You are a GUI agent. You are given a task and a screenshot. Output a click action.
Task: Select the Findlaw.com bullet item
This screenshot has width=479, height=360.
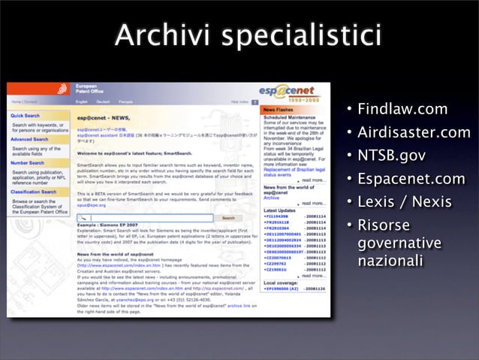click(402, 110)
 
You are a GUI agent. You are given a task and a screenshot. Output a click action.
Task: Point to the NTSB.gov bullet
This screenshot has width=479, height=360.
click(391, 156)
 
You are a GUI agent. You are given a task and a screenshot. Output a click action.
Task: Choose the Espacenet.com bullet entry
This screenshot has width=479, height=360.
click(411, 179)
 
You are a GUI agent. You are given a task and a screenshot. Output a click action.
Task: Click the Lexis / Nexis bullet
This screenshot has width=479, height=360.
click(404, 201)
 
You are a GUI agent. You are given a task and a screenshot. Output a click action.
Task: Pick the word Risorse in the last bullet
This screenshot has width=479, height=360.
click(384, 225)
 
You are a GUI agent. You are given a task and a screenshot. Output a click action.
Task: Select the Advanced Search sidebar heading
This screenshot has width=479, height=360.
click(31, 139)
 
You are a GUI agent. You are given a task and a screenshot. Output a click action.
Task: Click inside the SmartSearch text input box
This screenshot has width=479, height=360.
click(146, 218)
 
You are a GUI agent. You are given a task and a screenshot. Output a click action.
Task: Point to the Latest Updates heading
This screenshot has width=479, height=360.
click(278, 210)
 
